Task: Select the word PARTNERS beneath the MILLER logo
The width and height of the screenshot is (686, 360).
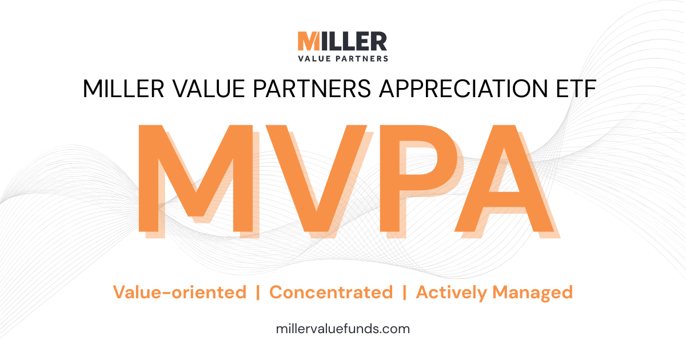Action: click(362, 58)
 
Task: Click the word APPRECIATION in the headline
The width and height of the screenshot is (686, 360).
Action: click(463, 89)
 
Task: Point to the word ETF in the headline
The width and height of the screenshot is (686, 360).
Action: click(576, 89)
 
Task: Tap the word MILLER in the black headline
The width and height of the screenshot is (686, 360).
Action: click(123, 89)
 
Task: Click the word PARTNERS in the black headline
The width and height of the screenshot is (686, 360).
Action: click(312, 89)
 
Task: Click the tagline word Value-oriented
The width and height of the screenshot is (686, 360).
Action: click(180, 293)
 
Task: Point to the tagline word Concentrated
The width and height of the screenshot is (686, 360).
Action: click(331, 293)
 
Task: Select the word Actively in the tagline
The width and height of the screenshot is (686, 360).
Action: click(452, 293)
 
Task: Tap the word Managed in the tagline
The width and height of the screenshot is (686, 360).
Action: click(533, 293)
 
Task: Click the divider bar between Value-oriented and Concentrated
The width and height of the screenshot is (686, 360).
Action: click(258, 293)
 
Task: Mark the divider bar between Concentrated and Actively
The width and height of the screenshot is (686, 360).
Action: click(405, 293)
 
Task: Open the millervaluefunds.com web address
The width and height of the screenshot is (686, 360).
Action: click(342, 329)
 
